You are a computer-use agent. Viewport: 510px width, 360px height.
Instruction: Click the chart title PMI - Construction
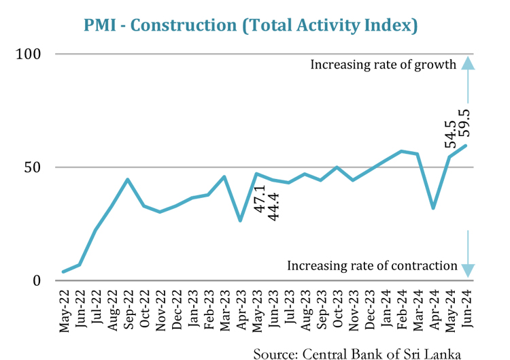pos(250,25)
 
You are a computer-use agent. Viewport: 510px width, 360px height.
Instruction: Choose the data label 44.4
pos(275,206)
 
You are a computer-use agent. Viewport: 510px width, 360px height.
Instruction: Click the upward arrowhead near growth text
pos(467,63)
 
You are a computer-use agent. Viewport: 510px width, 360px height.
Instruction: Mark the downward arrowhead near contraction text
pos(467,269)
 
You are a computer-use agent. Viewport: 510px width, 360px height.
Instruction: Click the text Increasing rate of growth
pos(383,65)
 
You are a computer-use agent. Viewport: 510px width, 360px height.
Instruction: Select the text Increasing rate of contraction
pos(372,265)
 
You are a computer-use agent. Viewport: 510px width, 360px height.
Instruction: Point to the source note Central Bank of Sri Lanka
pos(357,353)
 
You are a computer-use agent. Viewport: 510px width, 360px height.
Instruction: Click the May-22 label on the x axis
pos(65,312)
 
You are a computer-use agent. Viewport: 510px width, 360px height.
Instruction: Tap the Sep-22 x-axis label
pos(129,312)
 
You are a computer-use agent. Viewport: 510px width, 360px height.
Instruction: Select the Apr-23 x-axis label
pos(241,312)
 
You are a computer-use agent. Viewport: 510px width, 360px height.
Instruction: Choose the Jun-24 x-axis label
pos(466,312)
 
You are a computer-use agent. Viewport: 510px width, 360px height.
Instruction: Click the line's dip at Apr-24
pos(433,208)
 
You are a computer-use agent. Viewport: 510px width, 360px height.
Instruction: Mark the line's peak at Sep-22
pos(128,180)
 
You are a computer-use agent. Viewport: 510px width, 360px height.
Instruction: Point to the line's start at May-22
pos(64,272)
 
